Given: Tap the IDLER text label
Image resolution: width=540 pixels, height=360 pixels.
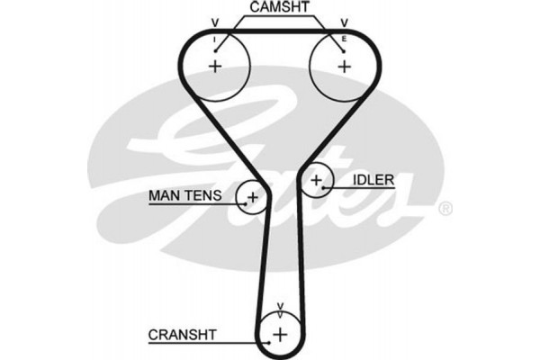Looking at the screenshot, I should [x=373, y=180].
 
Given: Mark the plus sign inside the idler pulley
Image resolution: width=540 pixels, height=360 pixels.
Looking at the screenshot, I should [x=316, y=183].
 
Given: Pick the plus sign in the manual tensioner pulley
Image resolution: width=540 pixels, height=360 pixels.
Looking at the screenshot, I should [x=253, y=197].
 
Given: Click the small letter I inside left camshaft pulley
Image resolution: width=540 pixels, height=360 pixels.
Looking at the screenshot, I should [x=214, y=40].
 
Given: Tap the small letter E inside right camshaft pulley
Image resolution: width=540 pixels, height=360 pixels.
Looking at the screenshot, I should [x=344, y=40].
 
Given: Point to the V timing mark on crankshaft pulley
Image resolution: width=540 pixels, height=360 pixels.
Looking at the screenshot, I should [x=280, y=306].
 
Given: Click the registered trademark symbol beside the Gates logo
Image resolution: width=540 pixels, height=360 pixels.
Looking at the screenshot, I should [x=444, y=209].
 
